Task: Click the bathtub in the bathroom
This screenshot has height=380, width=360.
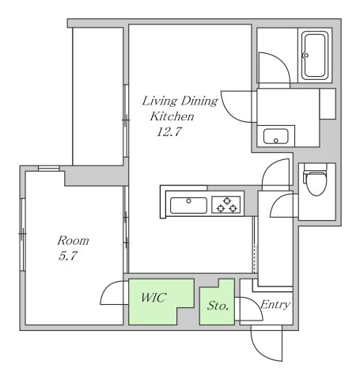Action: (x=315, y=55)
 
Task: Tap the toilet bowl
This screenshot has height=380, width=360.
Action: (x=316, y=182)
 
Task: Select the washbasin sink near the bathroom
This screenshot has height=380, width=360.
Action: (x=275, y=136)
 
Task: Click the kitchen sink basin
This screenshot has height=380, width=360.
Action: (x=188, y=205)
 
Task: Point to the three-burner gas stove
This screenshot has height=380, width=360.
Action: (x=226, y=205)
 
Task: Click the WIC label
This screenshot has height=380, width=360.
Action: (x=153, y=298)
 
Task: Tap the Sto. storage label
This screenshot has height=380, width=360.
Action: (x=218, y=306)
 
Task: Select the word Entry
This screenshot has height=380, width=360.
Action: (x=275, y=305)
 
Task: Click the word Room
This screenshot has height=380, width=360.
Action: (x=73, y=241)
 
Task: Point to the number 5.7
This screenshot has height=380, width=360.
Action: (x=68, y=256)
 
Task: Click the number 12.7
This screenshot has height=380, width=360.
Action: (x=169, y=131)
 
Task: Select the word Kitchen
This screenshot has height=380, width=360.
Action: (x=172, y=116)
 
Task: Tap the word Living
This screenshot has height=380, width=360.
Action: (x=160, y=101)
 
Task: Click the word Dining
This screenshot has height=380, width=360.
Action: (x=199, y=101)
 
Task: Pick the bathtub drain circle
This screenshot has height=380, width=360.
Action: (x=306, y=55)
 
